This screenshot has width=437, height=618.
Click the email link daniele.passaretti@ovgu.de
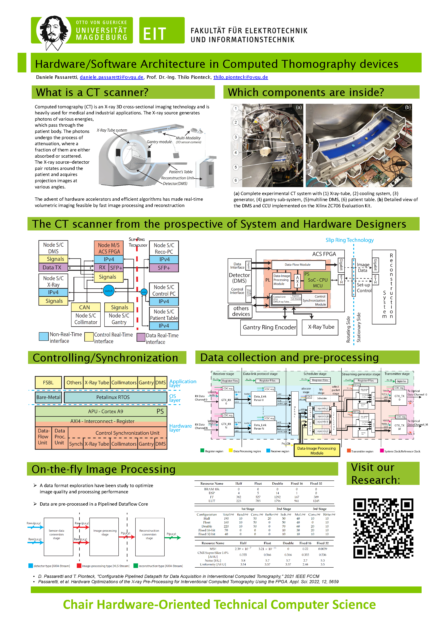click(111, 77)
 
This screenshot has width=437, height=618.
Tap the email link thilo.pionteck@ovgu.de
click(240, 77)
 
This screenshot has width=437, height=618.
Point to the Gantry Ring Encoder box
click(269, 327)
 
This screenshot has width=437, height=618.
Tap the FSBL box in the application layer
click(48, 382)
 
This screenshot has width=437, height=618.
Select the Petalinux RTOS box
click(115, 397)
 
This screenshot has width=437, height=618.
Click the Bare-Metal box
click(48, 397)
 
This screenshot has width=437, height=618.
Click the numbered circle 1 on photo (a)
click(236, 109)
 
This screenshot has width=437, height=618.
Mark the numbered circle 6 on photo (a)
click(236, 180)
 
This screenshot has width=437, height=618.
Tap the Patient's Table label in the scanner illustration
click(181, 172)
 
